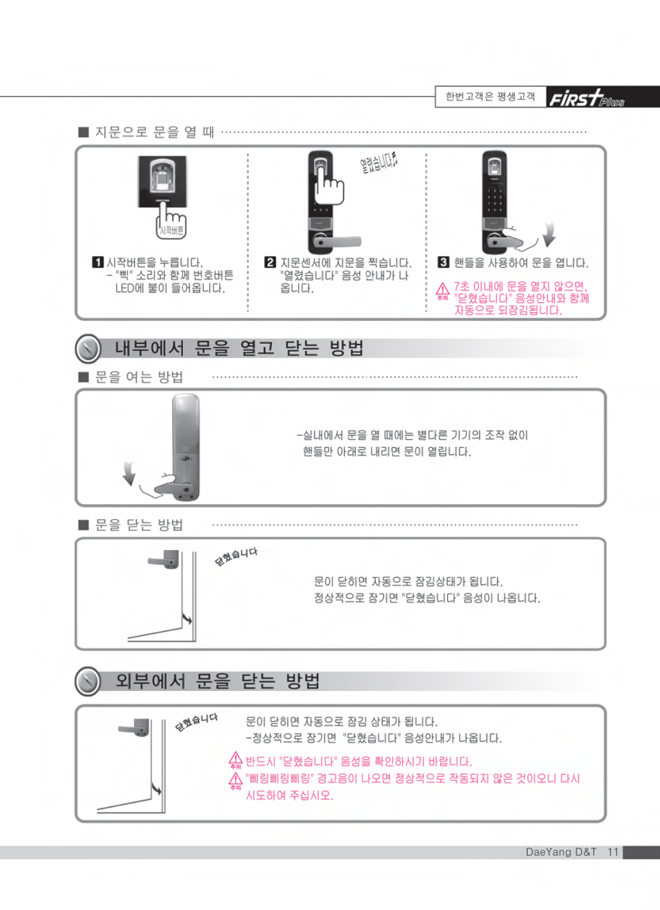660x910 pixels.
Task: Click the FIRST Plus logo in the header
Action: [587, 99]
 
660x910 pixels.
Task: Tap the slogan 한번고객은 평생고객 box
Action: [490, 97]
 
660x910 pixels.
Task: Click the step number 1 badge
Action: [97, 262]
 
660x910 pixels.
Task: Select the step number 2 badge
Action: [270, 262]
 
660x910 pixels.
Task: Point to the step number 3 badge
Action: [443, 262]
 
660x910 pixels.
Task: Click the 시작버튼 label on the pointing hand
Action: [171, 231]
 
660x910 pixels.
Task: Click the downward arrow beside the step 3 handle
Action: [549, 234]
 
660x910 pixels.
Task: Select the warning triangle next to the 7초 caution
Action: [442, 289]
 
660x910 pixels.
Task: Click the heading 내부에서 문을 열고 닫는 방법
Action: [239, 348]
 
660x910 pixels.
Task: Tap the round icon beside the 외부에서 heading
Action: [88, 681]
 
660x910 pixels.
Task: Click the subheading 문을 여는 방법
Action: [139, 377]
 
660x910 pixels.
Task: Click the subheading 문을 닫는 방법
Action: [139, 525]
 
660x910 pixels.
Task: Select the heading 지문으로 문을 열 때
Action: [155, 132]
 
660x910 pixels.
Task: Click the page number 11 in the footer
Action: [613, 852]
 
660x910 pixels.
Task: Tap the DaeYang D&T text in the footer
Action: [561, 852]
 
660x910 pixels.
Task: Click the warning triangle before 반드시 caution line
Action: [235, 758]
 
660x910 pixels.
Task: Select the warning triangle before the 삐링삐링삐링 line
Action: [235, 779]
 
